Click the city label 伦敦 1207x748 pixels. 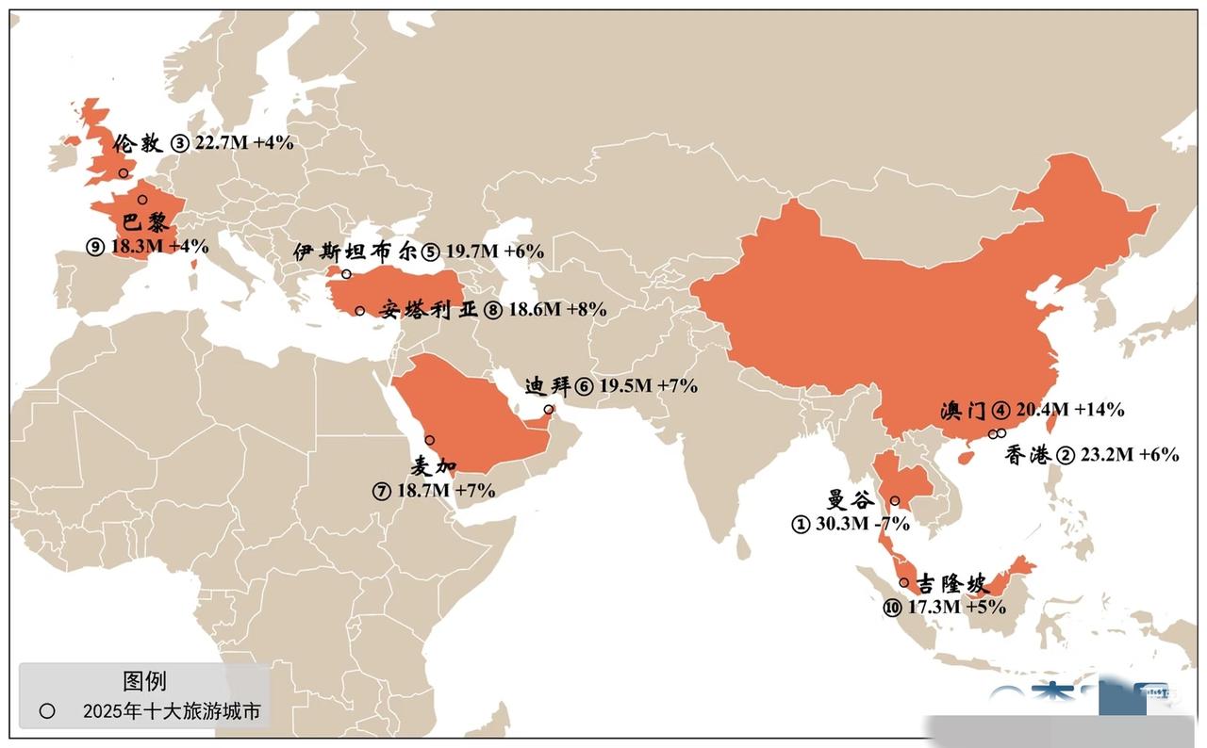138,144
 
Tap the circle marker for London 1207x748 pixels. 123,172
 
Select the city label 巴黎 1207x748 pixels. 145,223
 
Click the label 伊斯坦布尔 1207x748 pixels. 355,252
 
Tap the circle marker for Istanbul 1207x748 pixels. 346,274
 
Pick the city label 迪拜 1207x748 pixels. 548,386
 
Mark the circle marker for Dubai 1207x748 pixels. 549,410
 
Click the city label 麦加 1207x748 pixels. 434,465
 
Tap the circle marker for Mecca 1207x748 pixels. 429,440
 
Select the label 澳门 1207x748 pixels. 963,411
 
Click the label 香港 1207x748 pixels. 1027,455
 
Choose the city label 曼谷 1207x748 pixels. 851,500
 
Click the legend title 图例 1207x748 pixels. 144,681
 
